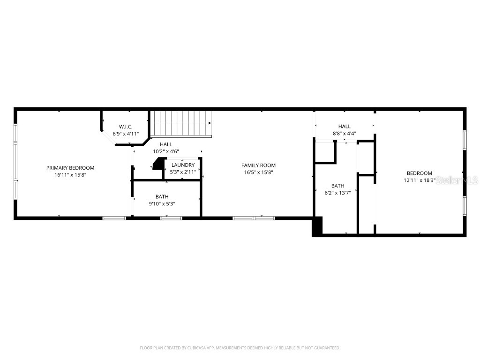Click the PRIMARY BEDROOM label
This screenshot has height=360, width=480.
(70, 168)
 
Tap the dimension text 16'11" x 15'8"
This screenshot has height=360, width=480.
(70, 175)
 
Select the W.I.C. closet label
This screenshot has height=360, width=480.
(126, 127)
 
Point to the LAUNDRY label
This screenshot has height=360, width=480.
(183, 165)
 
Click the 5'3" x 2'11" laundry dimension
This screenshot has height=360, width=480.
(183, 172)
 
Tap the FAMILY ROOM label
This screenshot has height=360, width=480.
(258, 165)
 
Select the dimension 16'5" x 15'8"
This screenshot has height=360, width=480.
(258, 172)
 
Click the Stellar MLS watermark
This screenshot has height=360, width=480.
(457, 180)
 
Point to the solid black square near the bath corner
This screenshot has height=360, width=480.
(317, 226)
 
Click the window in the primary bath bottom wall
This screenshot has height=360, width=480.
(171, 218)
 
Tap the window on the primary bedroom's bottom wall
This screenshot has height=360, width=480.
(114, 218)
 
